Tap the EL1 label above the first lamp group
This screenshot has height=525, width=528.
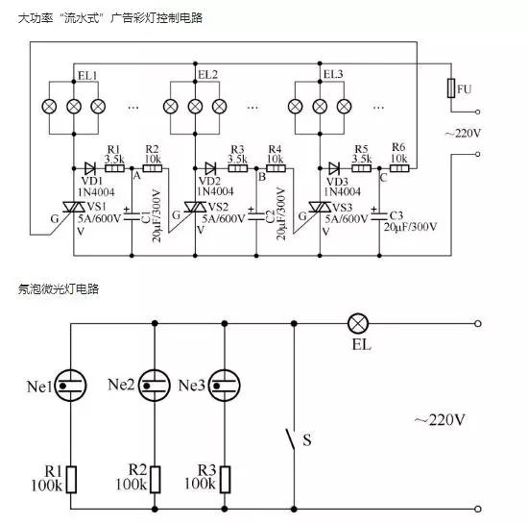tap(85, 75)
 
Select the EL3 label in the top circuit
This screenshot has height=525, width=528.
tap(333, 74)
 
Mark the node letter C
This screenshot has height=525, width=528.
tap(383, 176)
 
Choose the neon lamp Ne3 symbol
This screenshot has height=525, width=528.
tap(223, 384)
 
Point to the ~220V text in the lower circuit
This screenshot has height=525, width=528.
tap(440, 419)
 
